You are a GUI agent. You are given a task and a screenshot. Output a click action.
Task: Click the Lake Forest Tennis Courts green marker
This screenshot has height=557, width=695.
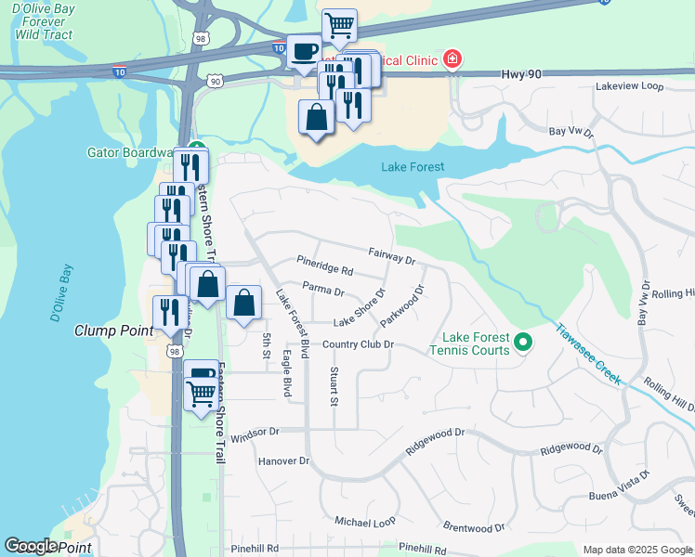[523, 343]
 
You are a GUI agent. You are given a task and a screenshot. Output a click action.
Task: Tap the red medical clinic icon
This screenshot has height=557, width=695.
[452, 60]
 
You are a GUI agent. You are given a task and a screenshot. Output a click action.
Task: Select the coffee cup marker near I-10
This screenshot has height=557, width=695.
[303, 53]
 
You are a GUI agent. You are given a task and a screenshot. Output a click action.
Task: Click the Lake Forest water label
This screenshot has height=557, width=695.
[413, 167]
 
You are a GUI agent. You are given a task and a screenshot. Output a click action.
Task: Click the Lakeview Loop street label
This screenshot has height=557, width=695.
[629, 86]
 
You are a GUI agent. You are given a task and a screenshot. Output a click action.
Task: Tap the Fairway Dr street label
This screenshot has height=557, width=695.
[391, 254]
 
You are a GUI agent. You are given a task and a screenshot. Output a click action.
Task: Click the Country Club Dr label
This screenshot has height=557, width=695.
[359, 344]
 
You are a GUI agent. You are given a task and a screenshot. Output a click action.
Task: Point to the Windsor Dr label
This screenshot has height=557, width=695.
[254, 433]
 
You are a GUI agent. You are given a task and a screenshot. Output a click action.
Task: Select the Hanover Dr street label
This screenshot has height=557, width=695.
[282, 460]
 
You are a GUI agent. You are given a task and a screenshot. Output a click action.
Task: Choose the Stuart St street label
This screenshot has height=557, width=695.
[334, 386]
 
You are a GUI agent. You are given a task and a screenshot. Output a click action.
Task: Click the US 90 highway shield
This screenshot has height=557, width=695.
[216, 82]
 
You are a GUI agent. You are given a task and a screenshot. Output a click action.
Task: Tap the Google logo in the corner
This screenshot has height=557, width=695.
[31, 546]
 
